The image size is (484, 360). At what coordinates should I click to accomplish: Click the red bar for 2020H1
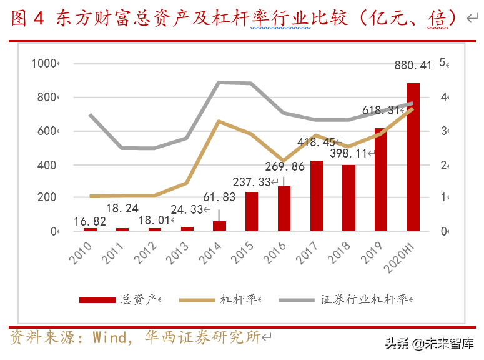(413, 156)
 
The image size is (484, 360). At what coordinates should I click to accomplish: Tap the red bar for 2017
(317, 196)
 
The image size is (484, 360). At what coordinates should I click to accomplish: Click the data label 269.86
(284, 167)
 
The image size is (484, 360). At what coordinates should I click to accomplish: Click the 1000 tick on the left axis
(44, 63)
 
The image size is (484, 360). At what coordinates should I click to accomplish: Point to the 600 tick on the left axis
(47, 131)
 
